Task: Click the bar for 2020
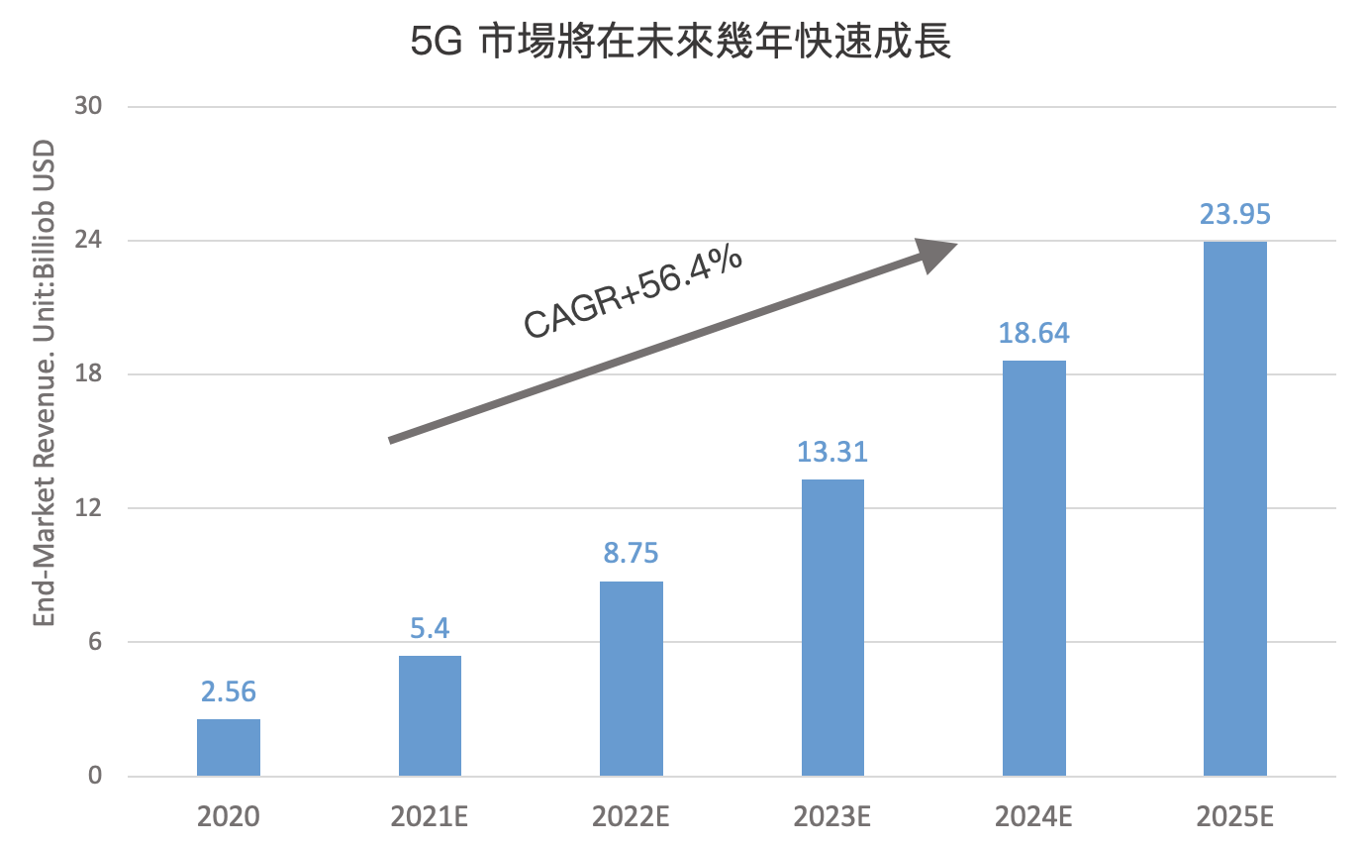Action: click(x=229, y=747)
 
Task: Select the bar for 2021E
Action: click(x=430, y=715)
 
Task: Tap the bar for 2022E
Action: click(x=632, y=679)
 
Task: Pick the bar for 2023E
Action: click(x=832, y=627)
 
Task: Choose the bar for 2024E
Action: click(x=1033, y=568)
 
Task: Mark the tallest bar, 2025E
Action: click(x=1234, y=508)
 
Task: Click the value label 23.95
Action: click(x=1234, y=215)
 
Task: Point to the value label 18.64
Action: click(x=1033, y=333)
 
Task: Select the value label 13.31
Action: click(x=832, y=452)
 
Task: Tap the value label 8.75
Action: click(x=632, y=553)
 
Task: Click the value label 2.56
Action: click(x=229, y=690)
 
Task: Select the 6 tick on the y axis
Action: click(x=95, y=642)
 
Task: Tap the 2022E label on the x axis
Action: click(x=632, y=817)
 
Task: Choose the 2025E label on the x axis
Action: click(x=1234, y=817)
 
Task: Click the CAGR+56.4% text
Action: click(x=634, y=292)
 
